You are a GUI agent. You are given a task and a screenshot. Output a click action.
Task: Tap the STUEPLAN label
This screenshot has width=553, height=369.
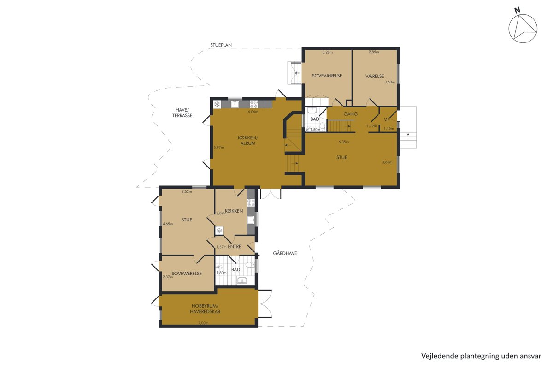pyautogui.click(x=221, y=45)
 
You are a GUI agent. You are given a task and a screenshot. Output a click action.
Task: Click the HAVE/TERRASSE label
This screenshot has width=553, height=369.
pyautogui.click(x=182, y=113)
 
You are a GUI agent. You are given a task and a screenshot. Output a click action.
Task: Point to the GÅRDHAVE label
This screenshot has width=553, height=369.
pyautogui.click(x=285, y=253)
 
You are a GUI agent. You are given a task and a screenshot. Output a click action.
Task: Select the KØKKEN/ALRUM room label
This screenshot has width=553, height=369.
pyautogui.click(x=248, y=140)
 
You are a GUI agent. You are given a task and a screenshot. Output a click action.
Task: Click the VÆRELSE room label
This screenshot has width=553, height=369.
pyautogui.click(x=375, y=76)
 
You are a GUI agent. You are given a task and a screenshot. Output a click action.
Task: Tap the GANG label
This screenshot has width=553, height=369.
pyautogui.click(x=351, y=114)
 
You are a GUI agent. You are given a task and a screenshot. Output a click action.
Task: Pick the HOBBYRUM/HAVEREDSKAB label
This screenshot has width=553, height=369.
pyautogui.click(x=205, y=309)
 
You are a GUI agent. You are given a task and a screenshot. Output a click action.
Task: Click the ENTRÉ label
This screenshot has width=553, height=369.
pyautogui.click(x=234, y=246)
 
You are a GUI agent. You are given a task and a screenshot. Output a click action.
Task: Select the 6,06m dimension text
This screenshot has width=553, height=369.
pyautogui.click(x=253, y=112)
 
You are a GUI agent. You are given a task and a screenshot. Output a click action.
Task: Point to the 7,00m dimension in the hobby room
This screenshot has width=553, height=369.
pyautogui.click(x=203, y=323)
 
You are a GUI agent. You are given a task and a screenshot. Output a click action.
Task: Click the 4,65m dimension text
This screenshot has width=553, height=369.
pyautogui.click(x=168, y=224)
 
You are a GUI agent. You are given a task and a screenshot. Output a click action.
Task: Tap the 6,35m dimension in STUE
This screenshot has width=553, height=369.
pyautogui.click(x=344, y=142)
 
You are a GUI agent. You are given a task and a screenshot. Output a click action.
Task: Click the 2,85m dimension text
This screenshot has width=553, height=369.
pyautogui.click(x=374, y=52)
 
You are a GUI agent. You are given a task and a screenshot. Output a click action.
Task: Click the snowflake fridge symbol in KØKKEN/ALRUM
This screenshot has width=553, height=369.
pyautogui.click(x=217, y=104)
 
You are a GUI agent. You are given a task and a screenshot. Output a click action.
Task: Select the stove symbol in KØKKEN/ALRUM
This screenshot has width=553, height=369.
pyautogui.click(x=254, y=104)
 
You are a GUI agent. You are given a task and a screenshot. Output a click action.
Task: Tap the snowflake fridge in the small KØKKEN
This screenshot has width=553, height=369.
pyautogui.click(x=219, y=231)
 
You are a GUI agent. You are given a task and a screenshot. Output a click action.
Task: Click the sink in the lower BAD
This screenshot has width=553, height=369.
pyautogui.click(x=243, y=280)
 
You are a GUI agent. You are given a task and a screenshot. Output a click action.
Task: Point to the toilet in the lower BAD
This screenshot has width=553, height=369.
pyautogui.click(x=251, y=265)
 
